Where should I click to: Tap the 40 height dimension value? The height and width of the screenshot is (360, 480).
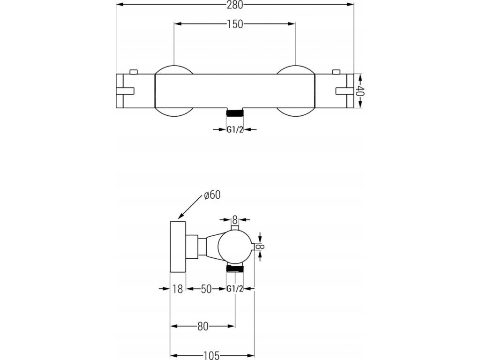360,91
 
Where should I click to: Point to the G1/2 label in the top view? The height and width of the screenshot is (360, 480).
235,130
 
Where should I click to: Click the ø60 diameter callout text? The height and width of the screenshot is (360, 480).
212,195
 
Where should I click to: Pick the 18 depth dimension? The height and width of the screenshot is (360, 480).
177,289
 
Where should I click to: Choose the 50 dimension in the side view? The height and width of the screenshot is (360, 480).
206,289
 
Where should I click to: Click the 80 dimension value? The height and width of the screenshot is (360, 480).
202,327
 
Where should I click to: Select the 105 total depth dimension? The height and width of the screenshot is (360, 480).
211,355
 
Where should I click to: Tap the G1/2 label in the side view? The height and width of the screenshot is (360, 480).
235,289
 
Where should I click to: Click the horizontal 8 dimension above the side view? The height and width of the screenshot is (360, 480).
235,219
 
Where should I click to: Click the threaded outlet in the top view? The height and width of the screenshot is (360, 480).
234,112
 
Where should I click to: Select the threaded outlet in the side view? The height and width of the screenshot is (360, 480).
235,269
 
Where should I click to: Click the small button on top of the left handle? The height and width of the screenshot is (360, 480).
134,72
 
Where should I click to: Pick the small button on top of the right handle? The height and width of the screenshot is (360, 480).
335,72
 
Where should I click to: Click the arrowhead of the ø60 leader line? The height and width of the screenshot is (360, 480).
180,218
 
